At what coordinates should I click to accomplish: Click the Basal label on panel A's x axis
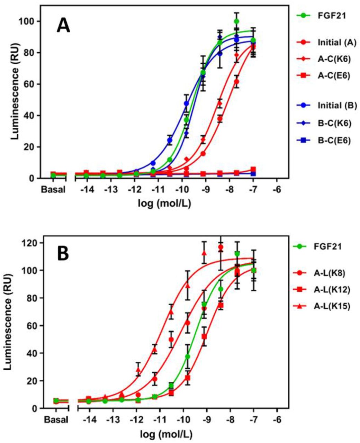(53, 190)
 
